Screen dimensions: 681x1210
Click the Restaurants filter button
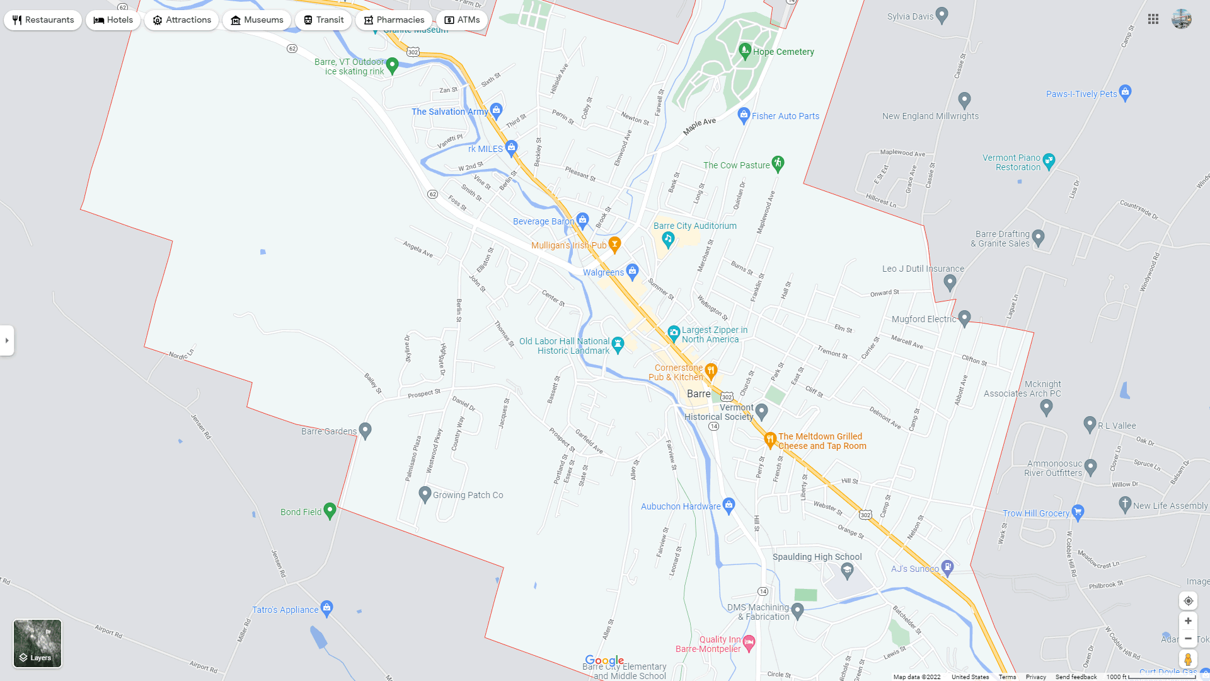click(43, 20)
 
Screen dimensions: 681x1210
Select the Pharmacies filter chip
click(394, 20)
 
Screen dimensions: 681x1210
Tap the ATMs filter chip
click(462, 20)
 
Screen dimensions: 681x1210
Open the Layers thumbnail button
click(38, 643)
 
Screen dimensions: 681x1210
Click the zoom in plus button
click(1188, 621)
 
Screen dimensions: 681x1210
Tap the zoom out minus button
click(1188, 639)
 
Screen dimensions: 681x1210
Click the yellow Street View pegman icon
click(1188, 660)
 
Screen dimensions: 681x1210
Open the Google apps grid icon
click(1153, 20)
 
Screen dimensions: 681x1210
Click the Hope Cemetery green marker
click(745, 50)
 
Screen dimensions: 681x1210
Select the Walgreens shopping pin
click(632, 271)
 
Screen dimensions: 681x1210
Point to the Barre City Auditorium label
click(694, 226)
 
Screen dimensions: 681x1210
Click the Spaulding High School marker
click(847, 571)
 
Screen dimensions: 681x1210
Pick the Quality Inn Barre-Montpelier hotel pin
click(749, 643)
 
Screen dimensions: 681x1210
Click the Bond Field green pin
click(330, 510)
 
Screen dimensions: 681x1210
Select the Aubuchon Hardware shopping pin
click(729, 504)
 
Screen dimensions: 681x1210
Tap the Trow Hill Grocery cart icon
click(1078, 512)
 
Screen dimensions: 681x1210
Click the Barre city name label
click(698, 393)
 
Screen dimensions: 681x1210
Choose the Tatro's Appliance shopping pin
click(326, 608)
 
